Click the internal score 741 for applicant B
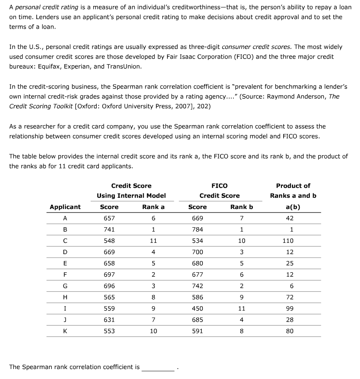pos(109,229)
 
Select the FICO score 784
pos(197,229)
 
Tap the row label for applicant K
pos(65,331)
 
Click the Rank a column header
pos(154,207)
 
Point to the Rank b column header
pos(242,207)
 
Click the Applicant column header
pos(65,207)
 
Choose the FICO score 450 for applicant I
pos(197,308)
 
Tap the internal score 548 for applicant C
pos(109,241)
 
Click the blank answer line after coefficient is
pos(158,367)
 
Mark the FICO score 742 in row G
pos(197,286)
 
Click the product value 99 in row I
pos(290,308)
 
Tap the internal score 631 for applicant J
pos(109,320)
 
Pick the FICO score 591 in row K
pos(197,331)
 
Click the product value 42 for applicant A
pos(290,218)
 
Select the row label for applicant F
pos(65,274)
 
